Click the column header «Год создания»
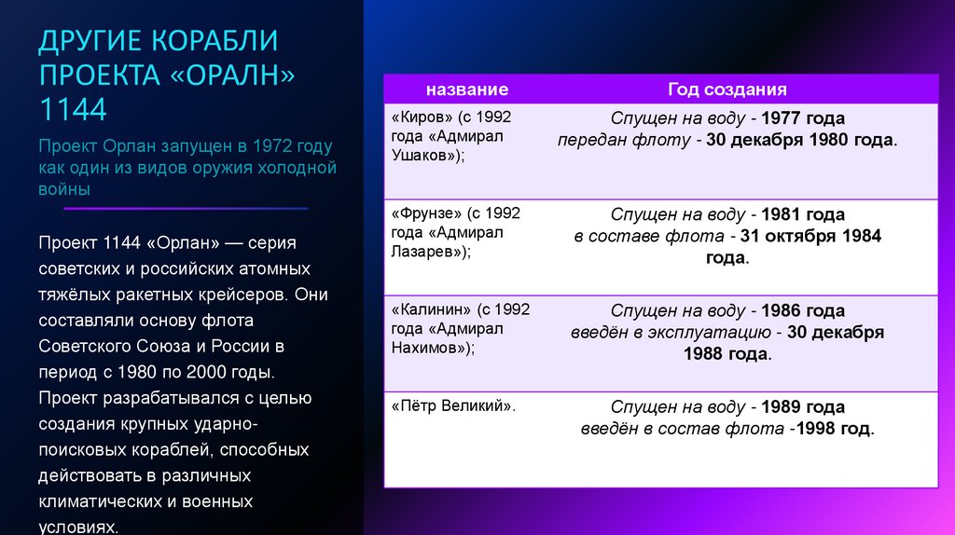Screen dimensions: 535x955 (x=727, y=89)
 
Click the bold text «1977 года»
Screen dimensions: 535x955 (x=803, y=119)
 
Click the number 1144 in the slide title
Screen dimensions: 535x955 (x=72, y=110)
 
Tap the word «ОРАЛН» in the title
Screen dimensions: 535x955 (x=232, y=76)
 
